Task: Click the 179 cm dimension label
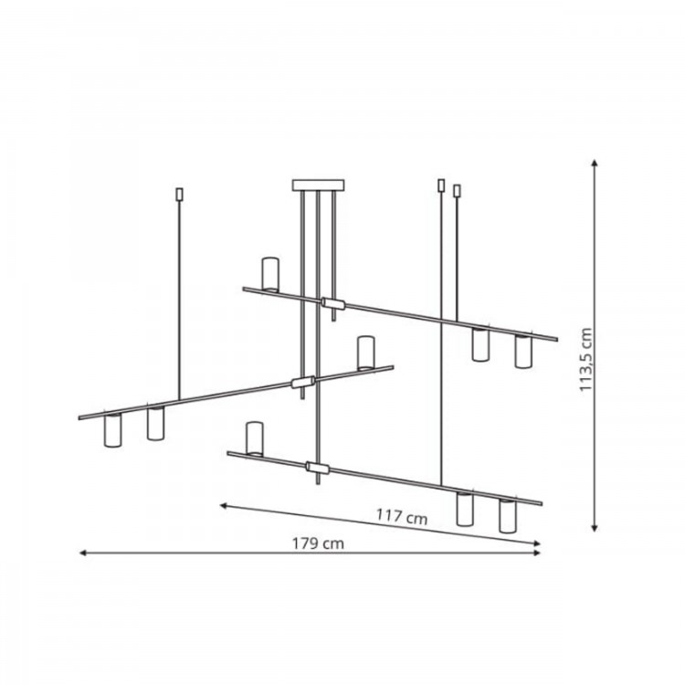[x=318, y=543]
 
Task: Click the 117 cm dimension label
[x=402, y=517]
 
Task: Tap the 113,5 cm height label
[x=585, y=360]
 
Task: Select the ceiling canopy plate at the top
[x=318, y=185]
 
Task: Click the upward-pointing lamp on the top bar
[x=270, y=274]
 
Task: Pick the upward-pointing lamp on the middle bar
[x=366, y=353]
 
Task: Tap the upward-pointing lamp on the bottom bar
[x=255, y=438]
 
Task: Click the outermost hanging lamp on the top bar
[x=523, y=351]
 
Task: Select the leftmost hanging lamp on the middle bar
[x=112, y=430]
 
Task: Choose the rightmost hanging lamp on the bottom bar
[x=507, y=516]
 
